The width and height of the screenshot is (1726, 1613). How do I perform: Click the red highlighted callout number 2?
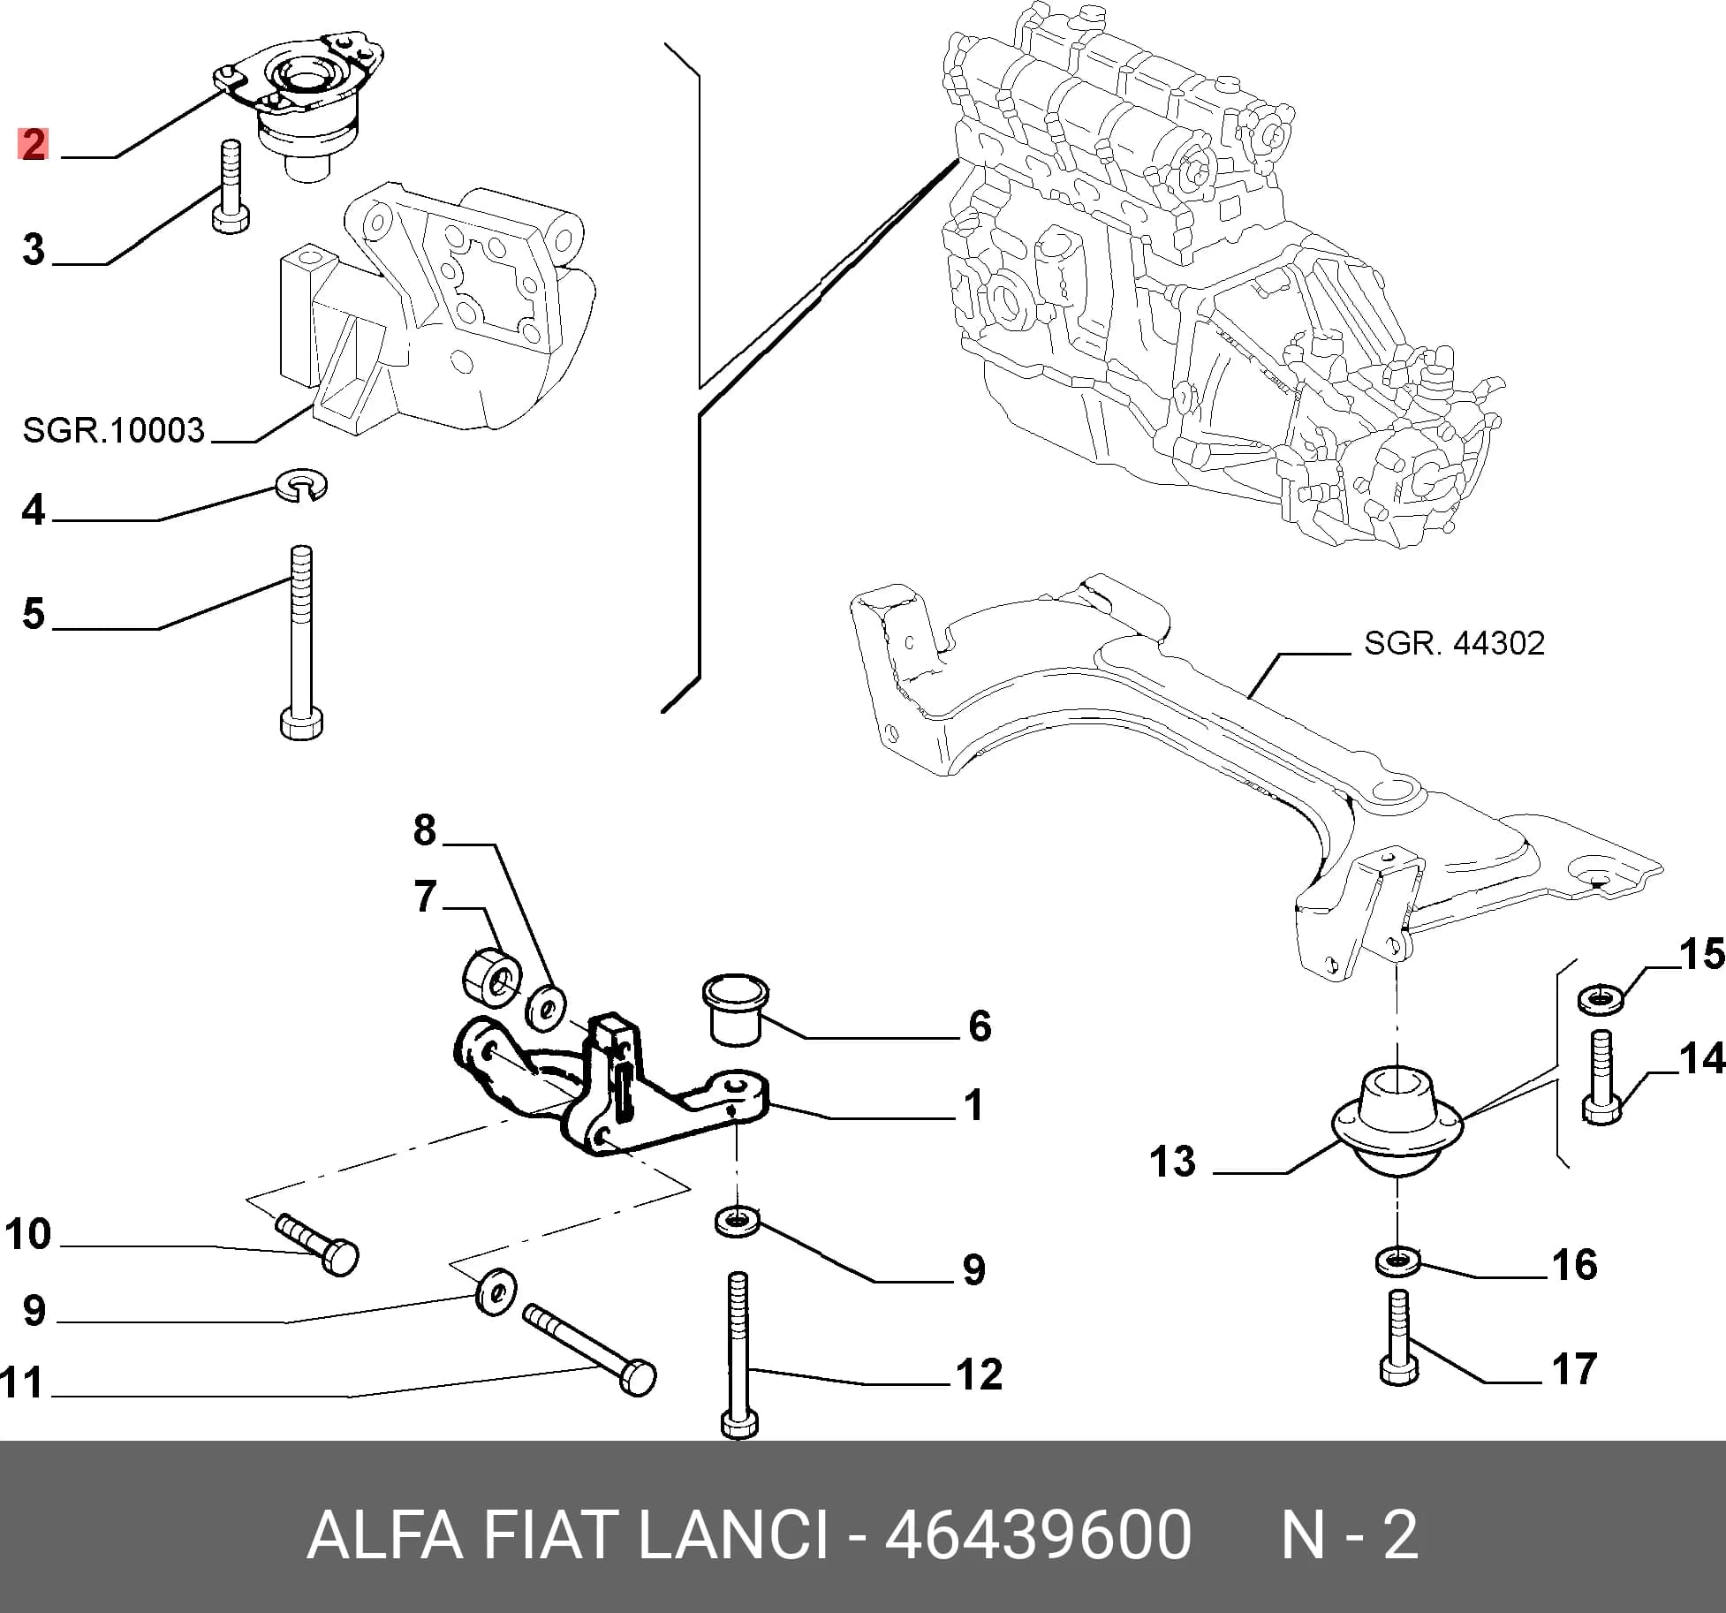(34, 144)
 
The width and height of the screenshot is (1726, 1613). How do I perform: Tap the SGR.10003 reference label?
(113, 430)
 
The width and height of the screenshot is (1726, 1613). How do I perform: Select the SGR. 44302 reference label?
(1454, 643)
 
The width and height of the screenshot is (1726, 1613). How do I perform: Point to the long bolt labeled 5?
(300, 641)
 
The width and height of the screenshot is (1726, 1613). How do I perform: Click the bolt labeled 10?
(318, 1244)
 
